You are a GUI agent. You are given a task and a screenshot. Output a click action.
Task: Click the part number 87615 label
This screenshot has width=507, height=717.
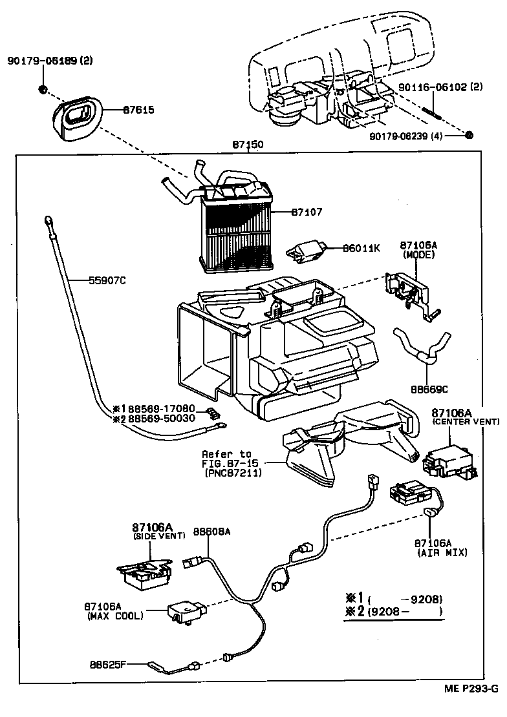(138, 110)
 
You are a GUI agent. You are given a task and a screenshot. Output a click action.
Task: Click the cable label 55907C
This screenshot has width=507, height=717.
(107, 280)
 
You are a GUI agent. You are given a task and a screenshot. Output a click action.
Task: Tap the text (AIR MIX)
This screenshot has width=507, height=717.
(442, 553)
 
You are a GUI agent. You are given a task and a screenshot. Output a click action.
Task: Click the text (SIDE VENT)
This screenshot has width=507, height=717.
(159, 536)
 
